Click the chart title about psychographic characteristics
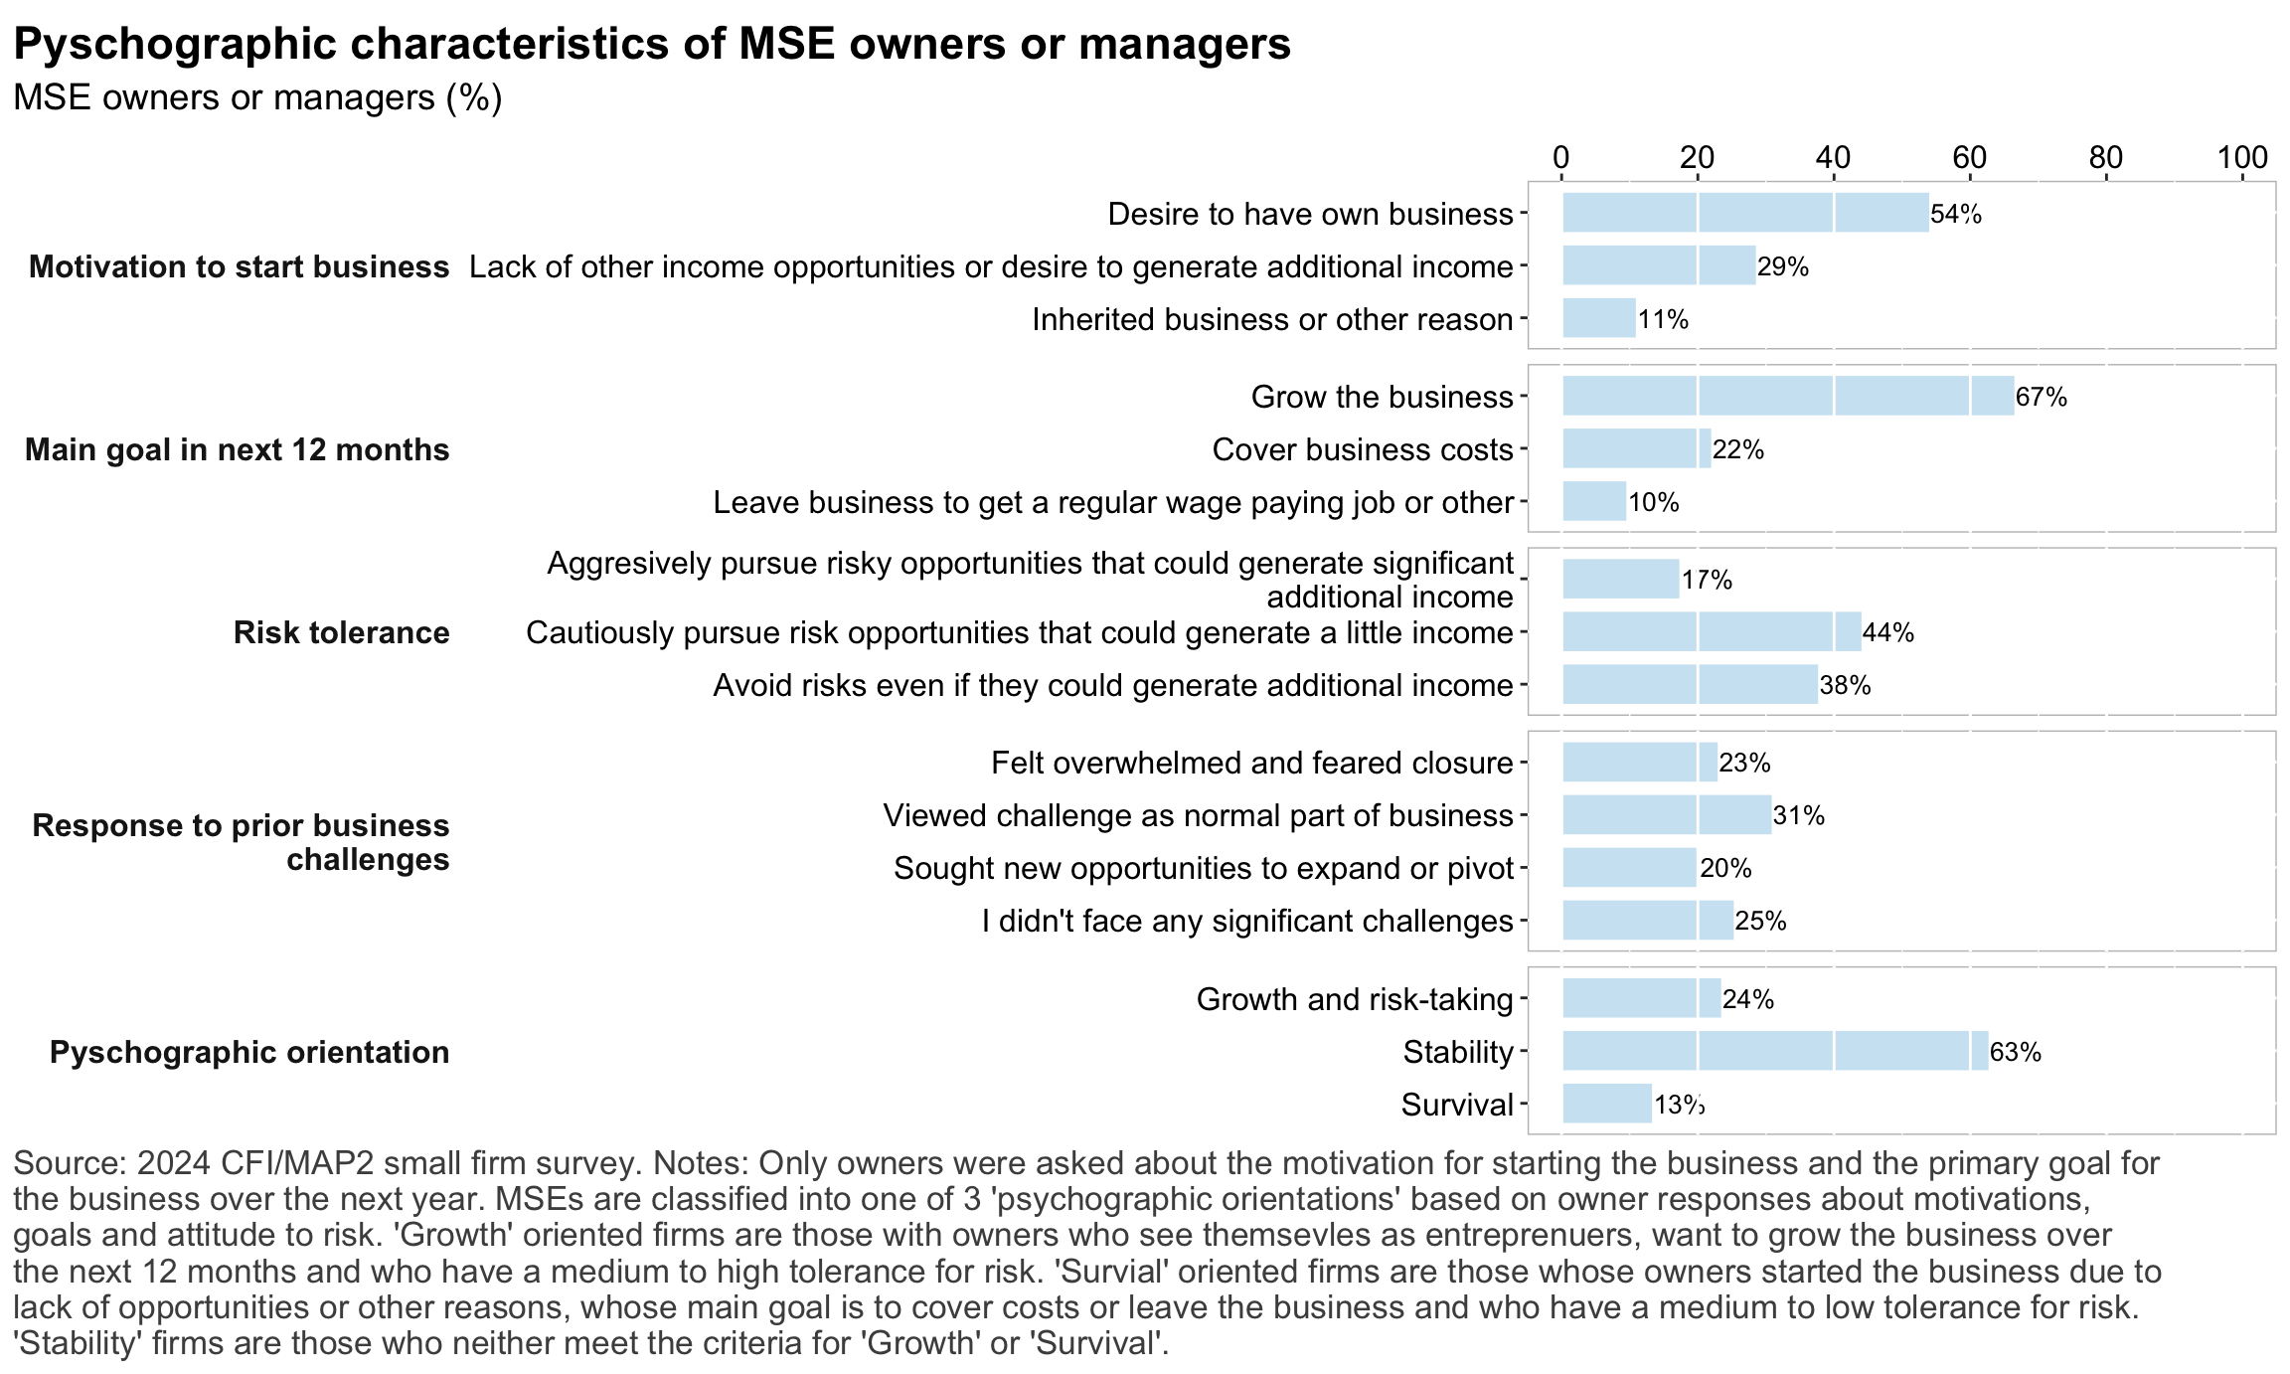651,45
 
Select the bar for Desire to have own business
1745,213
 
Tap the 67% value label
2042,398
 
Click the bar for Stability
1775,1051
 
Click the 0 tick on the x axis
1561,157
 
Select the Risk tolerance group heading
341,632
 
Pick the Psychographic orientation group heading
249,1052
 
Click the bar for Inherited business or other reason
1599,318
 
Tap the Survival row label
1457,1105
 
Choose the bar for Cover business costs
1637,449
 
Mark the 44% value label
1888,632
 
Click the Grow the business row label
1382,397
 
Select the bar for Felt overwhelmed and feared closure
1640,763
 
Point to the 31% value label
1799,816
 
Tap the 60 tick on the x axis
1970,157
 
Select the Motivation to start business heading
239,266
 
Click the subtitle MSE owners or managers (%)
257,97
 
